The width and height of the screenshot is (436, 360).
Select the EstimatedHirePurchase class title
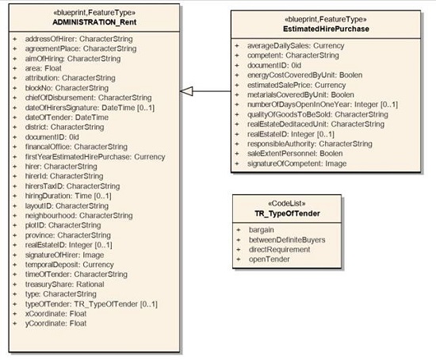pos(308,29)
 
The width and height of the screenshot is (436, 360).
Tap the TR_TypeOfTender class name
pos(286,213)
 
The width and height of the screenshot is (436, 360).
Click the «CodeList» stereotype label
pos(286,203)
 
